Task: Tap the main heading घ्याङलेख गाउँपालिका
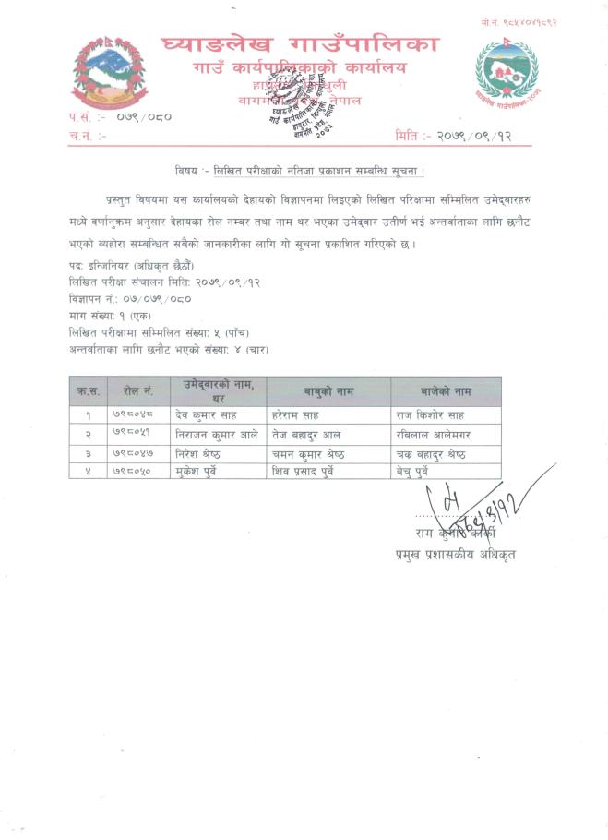300,42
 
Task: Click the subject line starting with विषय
300,171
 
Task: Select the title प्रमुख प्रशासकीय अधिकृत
451,554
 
